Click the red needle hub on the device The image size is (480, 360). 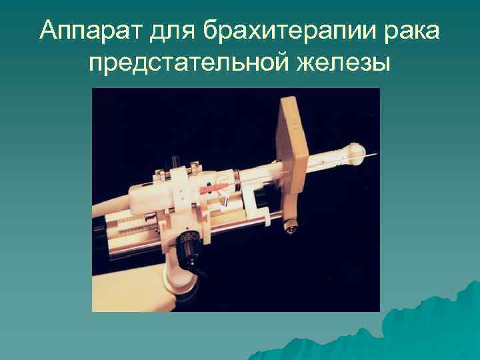click(209, 191)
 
